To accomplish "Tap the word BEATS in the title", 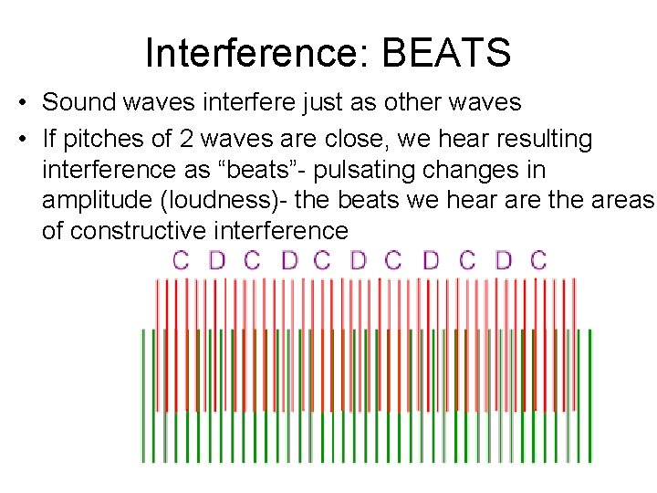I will click(x=446, y=53).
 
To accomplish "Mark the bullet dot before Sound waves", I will click(x=22, y=102).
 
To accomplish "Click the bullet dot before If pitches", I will click(x=22, y=140).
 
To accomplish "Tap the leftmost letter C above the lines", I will click(x=181, y=260).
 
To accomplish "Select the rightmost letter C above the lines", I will click(x=538, y=260).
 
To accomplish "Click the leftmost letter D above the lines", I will click(x=216, y=260).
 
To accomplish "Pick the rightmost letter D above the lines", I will click(x=503, y=260).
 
